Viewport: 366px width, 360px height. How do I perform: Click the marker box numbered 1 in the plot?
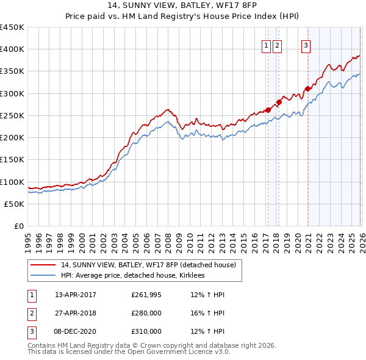point(267,45)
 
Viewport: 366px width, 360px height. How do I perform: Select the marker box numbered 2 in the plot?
point(278,45)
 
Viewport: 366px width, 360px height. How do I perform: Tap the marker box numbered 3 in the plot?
point(306,45)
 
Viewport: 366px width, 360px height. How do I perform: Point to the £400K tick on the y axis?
point(12,49)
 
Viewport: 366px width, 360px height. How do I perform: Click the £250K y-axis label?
point(12,115)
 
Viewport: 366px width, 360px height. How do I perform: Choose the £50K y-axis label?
point(15,204)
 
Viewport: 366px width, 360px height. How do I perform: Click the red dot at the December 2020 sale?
point(307,89)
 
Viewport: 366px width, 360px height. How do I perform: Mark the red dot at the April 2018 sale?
point(279,102)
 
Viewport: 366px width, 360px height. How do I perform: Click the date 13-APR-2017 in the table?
point(76,295)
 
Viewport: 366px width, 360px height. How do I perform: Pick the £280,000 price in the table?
point(146,313)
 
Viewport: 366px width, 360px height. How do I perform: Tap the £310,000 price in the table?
point(146,331)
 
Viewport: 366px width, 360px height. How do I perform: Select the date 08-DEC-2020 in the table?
point(76,331)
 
